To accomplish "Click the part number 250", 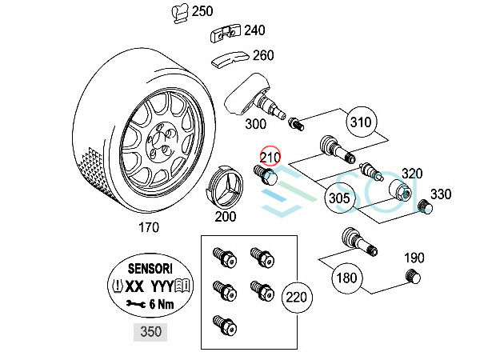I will (x=203, y=11).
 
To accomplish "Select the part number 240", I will (x=254, y=30).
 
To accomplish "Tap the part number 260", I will (x=262, y=55).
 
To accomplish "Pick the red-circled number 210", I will (x=270, y=157).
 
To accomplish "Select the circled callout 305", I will (x=338, y=197).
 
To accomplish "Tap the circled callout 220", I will (x=296, y=298).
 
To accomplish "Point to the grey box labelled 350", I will (x=150, y=331).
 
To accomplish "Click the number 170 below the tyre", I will (x=148, y=227).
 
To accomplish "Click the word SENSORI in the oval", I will (x=150, y=269).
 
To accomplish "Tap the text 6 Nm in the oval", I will (x=160, y=303).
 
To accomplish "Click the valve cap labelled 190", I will (x=414, y=278).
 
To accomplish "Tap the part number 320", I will (x=412, y=174).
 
